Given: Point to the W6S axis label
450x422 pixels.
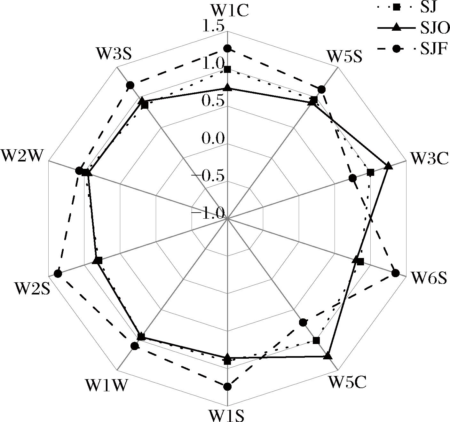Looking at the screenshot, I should (x=429, y=277).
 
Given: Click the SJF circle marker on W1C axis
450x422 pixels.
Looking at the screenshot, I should (x=227, y=49).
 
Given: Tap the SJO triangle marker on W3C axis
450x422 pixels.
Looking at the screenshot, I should (x=388, y=166).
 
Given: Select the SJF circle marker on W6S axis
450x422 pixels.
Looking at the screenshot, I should (x=395, y=273).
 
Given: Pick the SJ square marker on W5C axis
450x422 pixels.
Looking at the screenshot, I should (x=316, y=340).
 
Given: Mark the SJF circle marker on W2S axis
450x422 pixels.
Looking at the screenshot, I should (x=58, y=274).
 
